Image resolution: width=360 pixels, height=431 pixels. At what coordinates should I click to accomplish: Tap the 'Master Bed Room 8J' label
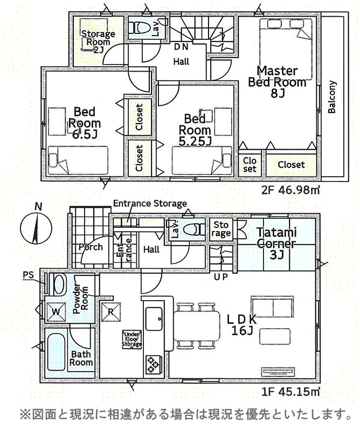click(x=277, y=82)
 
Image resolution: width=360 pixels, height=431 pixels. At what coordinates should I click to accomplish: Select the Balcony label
click(x=332, y=97)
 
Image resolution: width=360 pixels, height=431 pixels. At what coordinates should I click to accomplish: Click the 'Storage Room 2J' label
click(x=99, y=42)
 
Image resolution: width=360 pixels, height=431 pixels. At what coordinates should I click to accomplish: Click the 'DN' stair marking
click(x=181, y=47)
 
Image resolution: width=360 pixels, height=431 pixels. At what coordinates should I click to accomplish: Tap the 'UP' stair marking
click(x=221, y=277)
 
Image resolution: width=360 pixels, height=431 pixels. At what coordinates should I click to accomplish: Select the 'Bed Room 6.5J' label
click(x=85, y=123)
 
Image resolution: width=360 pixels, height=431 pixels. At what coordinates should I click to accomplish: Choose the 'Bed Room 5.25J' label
click(x=195, y=130)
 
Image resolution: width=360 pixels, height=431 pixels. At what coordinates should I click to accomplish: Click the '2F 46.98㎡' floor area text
click(x=290, y=190)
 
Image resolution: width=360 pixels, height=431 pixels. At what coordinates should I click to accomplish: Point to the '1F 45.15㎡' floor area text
click(x=290, y=392)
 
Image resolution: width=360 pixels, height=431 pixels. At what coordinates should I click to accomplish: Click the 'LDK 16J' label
click(x=242, y=325)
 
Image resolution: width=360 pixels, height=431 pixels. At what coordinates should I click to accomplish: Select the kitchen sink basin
click(x=155, y=318)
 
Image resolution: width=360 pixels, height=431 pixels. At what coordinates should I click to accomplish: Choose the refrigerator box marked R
click(x=111, y=312)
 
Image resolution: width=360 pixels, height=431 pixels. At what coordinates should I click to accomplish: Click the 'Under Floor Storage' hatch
click(x=132, y=339)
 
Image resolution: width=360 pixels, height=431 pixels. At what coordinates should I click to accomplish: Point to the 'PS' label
click(x=29, y=275)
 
